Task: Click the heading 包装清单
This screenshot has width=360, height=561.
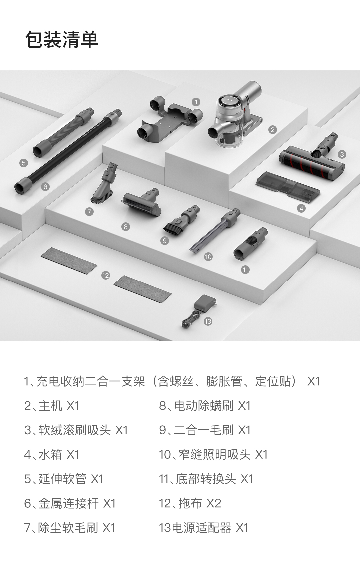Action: tap(62, 39)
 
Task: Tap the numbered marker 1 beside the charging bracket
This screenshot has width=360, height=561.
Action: tap(196, 102)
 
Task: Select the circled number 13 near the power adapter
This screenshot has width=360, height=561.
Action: tap(208, 321)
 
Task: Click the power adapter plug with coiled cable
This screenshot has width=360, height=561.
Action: tap(199, 311)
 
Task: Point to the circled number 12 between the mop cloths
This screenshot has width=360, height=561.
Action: tap(106, 276)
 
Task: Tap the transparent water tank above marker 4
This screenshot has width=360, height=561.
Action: tap(288, 187)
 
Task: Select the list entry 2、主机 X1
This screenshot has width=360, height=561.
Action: tap(52, 406)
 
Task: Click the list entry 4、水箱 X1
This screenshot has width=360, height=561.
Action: tap(52, 455)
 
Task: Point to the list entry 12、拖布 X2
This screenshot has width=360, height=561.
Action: tap(190, 503)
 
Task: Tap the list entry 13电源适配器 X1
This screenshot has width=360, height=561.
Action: tap(204, 528)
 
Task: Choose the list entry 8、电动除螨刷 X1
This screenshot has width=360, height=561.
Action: tap(205, 406)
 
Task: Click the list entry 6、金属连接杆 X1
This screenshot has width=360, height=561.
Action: tap(70, 503)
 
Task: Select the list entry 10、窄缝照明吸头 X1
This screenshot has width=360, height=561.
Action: tap(213, 455)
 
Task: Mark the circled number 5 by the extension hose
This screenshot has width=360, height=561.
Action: tap(24, 163)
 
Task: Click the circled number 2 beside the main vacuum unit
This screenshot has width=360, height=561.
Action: tap(273, 130)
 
